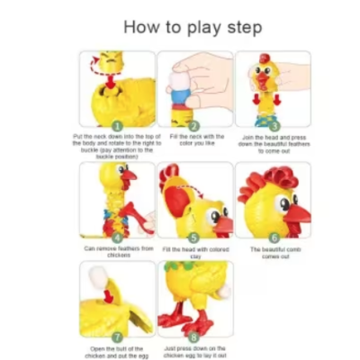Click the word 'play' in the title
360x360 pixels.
click(x=204, y=28)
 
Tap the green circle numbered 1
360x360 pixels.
click(x=116, y=126)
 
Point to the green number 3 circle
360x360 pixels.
click(x=273, y=126)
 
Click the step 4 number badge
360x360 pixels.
click(x=116, y=237)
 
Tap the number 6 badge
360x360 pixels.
click(x=273, y=237)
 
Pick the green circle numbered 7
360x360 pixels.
click(x=116, y=336)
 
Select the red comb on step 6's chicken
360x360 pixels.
click(x=261, y=180)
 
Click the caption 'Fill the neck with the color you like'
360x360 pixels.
click(x=194, y=140)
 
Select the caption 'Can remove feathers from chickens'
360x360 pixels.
click(x=116, y=252)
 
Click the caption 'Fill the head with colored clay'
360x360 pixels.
click(x=195, y=252)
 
